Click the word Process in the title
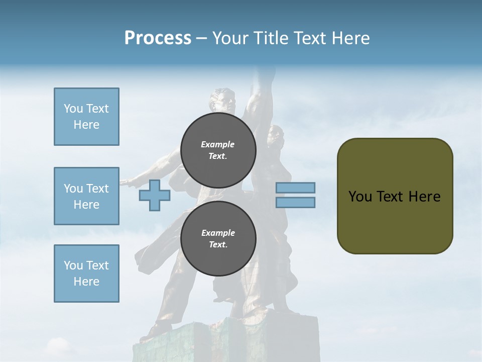click(158, 38)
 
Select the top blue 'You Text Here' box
click(86, 117)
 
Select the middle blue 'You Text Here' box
click(86, 196)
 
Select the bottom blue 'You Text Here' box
click(86, 274)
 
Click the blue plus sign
click(154, 195)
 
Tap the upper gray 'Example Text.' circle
click(218, 150)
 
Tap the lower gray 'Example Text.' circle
click(218, 239)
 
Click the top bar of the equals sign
click(295, 188)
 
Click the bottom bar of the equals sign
click(295, 202)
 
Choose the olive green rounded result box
click(395, 196)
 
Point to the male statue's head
click(223, 101)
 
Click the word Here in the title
click(349, 38)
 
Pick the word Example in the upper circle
click(218, 144)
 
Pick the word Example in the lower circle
click(218, 233)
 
